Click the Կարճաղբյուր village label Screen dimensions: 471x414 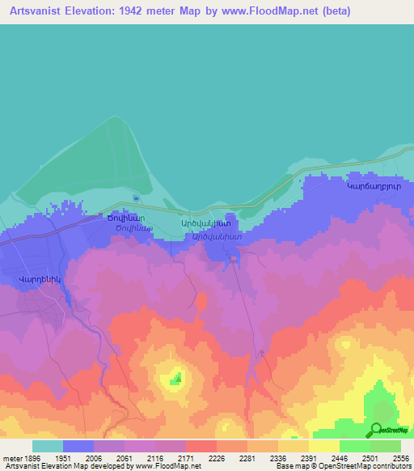(374, 185)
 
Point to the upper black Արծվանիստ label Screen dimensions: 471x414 (205, 223)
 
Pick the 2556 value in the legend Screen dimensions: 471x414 (399, 458)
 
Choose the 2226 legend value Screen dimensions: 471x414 (215, 458)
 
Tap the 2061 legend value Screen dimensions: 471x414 (124, 458)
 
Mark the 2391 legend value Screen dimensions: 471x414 (307, 458)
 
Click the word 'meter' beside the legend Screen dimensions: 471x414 (11, 458)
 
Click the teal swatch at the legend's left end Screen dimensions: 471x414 (48, 446)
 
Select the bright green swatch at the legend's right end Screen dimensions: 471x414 (386, 446)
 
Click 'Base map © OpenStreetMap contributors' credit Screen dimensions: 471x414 (342, 467)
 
